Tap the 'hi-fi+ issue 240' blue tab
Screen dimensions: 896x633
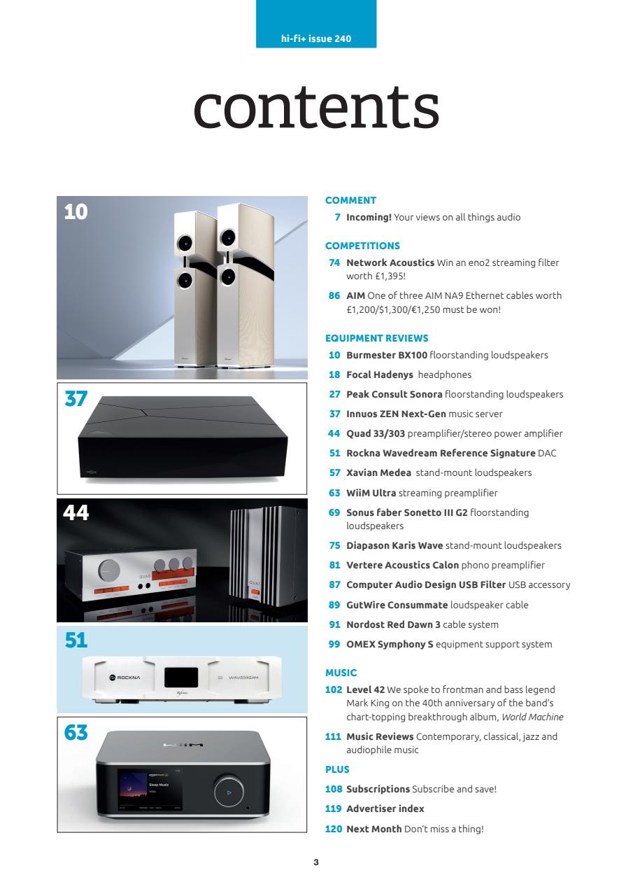[316, 38]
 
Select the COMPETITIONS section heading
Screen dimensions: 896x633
[362, 246]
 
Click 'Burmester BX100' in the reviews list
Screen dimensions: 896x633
[387, 355]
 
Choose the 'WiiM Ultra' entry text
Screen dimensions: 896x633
[371, 492]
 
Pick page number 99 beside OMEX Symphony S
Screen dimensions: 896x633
[334, 644]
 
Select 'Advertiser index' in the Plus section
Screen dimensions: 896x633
[385, 808]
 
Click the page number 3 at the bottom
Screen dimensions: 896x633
[316, 862]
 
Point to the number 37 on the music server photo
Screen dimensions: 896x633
[76, 399]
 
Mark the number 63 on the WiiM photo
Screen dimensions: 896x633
[76, 733]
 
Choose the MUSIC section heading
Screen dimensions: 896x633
[341, 673]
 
